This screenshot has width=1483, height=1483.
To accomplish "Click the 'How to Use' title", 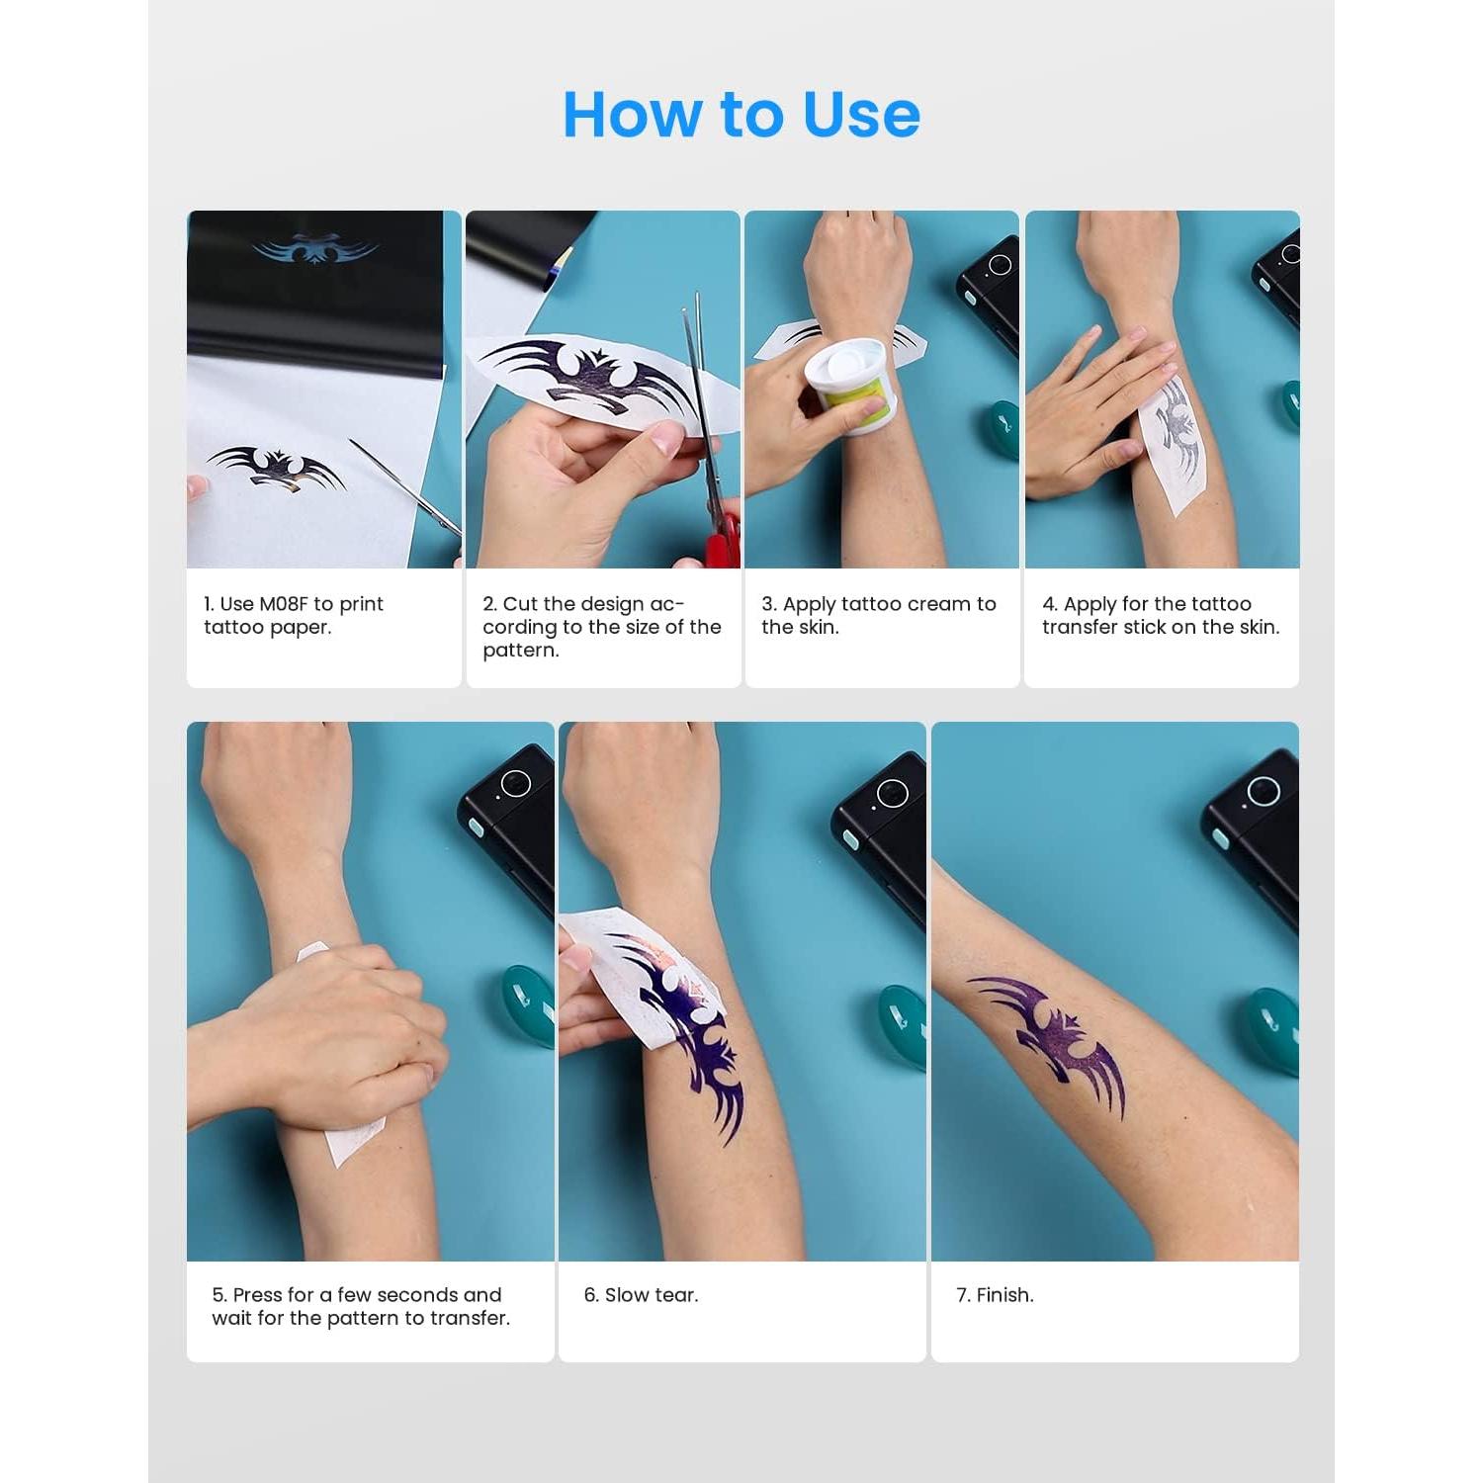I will [x=741, y=114].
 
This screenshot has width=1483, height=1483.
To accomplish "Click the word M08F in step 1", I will [x=284, y=604].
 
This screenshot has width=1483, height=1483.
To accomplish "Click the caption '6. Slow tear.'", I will [x=641, y=1295].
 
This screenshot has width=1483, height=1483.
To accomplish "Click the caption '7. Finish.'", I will [x=995, y=1295].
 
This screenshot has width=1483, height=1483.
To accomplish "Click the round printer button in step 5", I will [x=515, y=784].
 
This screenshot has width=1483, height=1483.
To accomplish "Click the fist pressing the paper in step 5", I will [x=346, y=1028].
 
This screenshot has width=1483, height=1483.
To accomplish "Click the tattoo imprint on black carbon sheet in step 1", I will [x=315, y=248].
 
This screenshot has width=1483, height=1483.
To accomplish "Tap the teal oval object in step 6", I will [x=901, y=1023].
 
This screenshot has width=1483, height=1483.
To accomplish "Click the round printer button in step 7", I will [x=1263, y=791].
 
